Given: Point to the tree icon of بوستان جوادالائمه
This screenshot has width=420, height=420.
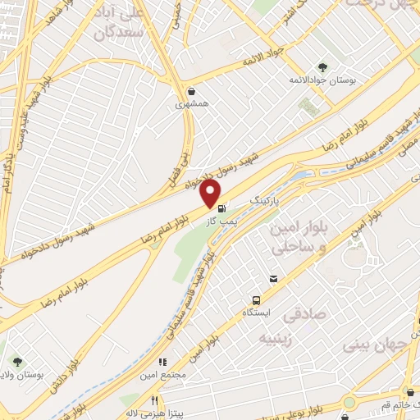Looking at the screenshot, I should (x=321, y=68).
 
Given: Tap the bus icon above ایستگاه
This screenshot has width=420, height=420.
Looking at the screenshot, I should (x=257, y=300).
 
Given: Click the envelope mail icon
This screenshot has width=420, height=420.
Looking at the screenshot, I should (x=273, y=280).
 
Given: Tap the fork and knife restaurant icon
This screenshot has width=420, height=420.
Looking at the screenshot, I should (x=153, y=400).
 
